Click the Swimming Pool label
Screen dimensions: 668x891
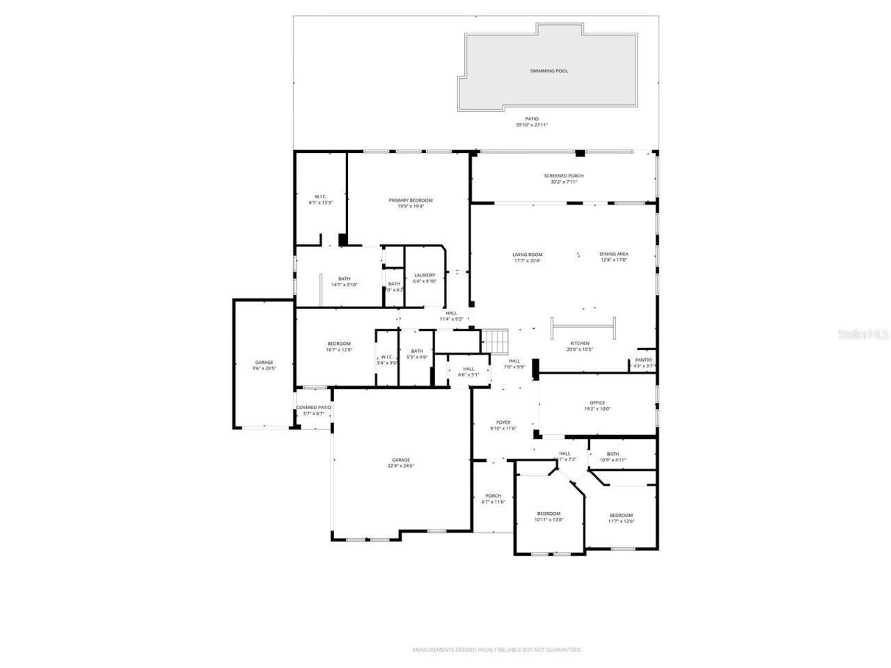coord(549,71)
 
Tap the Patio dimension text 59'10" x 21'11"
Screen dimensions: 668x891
coord(532,125)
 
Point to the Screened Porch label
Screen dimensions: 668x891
coord(564,176)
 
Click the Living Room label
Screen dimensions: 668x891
coord(528,255)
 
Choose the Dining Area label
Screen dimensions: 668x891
coord(614,254)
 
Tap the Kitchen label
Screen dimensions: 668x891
coord(580,343)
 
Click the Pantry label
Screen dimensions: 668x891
coord(643,360)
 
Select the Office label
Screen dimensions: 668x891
coord(597,403)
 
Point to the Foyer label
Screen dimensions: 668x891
coord(503,422)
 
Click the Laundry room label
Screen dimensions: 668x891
coord(425,275)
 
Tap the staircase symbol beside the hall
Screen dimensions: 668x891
coord(496,342)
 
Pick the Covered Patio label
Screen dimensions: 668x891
coord(313,408)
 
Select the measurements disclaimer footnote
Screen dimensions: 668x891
coord(497,650)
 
